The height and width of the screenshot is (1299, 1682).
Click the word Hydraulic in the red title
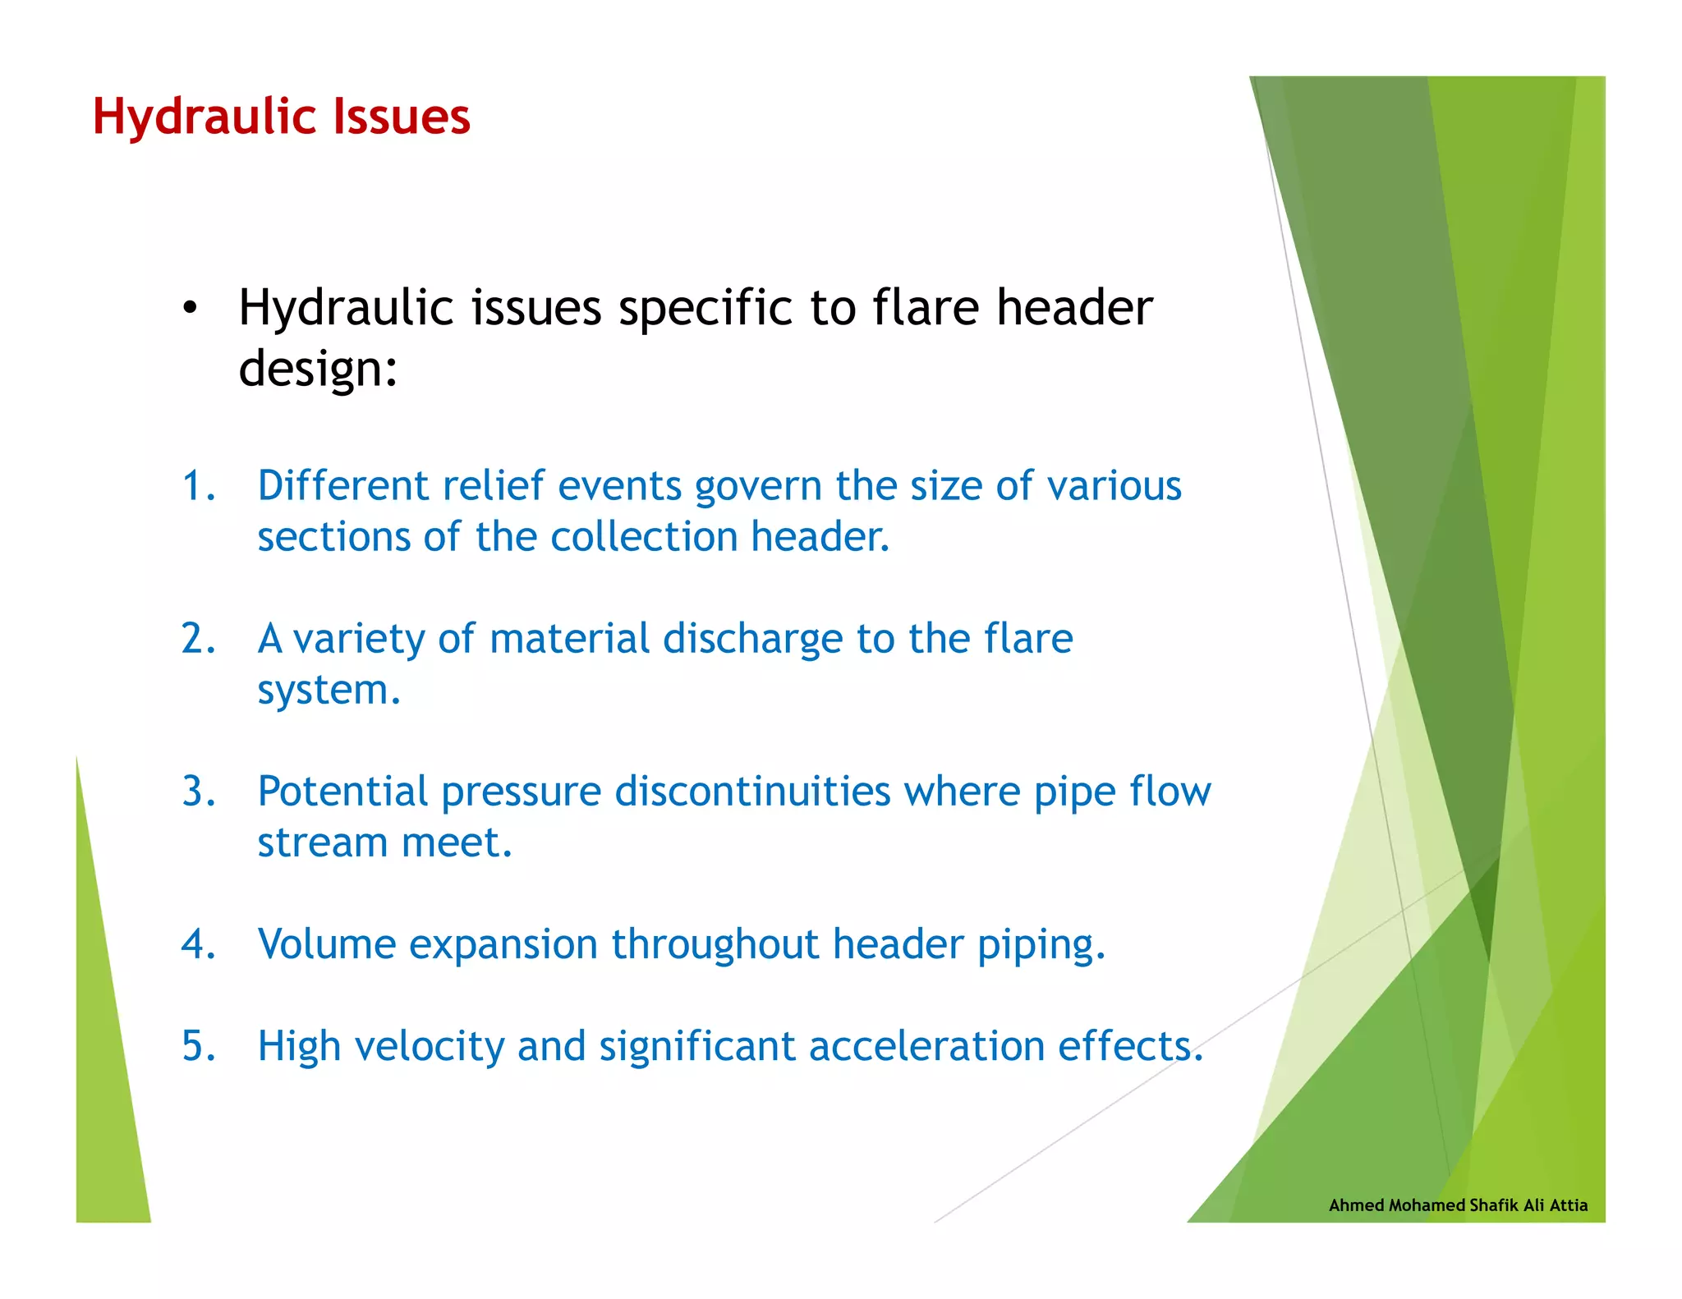[x=200, y=117]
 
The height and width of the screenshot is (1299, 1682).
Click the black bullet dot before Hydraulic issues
[x=191, y=309]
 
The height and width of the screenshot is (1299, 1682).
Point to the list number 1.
[x=197, y=485]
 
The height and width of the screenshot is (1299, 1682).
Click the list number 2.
[x=198, y=639]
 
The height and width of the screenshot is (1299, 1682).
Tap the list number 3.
[x=198, y=792]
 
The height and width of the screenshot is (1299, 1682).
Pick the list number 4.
[x=198, y=944]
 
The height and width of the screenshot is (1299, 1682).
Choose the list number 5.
[x=198, y=1046]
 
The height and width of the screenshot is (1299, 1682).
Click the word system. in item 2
[x=329, y=690]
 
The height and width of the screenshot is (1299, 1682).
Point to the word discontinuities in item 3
[x=752, y=792]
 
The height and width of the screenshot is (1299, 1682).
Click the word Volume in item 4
[x=326, y=944]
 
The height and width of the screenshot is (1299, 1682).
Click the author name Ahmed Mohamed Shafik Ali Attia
[x=1458, y=1205]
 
